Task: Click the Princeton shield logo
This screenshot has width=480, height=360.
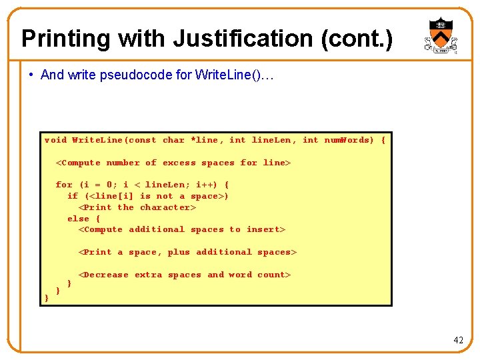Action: point(441,37)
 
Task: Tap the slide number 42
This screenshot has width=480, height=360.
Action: point(458,340)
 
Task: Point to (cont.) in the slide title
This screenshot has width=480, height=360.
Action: point(357,38)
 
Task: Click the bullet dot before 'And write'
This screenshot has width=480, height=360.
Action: point(32,75)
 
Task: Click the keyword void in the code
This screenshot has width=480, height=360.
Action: point(55,140)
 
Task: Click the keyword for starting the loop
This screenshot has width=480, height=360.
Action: point(64,185)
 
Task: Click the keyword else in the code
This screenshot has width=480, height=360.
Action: point(78,218)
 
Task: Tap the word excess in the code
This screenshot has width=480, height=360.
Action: point(179,163)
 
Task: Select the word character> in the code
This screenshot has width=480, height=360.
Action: point(168,207)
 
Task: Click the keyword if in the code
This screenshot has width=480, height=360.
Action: point(73,196)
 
